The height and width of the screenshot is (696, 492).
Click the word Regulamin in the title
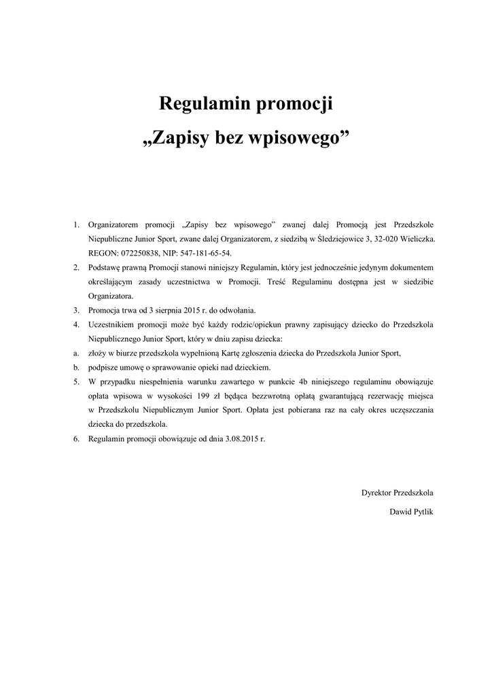tap(203, 105)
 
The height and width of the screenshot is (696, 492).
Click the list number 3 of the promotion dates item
tap(76, 311)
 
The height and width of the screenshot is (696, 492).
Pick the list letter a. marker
tap(76, 353)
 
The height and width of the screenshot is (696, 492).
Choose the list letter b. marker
tap(76, 368)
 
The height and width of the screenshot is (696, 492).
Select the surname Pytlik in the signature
tap(420, 511)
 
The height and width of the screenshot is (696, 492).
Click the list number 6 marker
tap(76, 439)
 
